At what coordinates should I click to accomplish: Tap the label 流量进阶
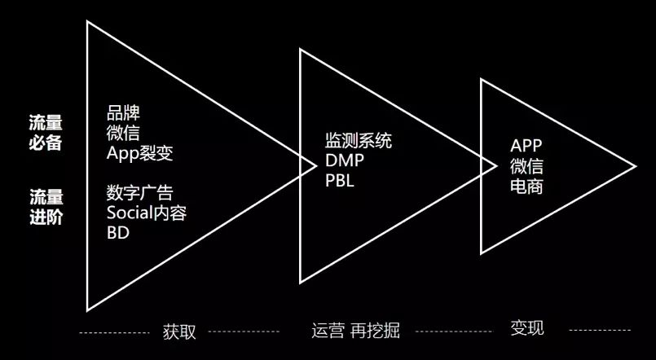46,207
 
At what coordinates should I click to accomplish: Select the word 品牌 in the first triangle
123,113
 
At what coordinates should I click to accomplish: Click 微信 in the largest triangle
123,134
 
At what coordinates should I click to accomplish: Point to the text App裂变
139,154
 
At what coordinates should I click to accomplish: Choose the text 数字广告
139,193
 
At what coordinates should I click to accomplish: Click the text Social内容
147,213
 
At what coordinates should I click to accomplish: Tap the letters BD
118,233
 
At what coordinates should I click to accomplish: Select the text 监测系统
359,140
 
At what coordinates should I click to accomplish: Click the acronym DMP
345,160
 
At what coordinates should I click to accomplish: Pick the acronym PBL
339,181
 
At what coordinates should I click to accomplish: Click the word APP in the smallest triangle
526,146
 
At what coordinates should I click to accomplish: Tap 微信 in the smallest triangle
526,166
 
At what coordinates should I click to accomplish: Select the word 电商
526,187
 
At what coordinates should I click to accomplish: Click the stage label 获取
179,331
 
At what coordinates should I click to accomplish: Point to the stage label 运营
328,331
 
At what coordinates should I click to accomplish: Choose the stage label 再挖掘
376,331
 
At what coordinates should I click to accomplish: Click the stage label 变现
527,327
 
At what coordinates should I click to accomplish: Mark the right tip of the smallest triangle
636,166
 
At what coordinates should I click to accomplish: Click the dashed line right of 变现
600,331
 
